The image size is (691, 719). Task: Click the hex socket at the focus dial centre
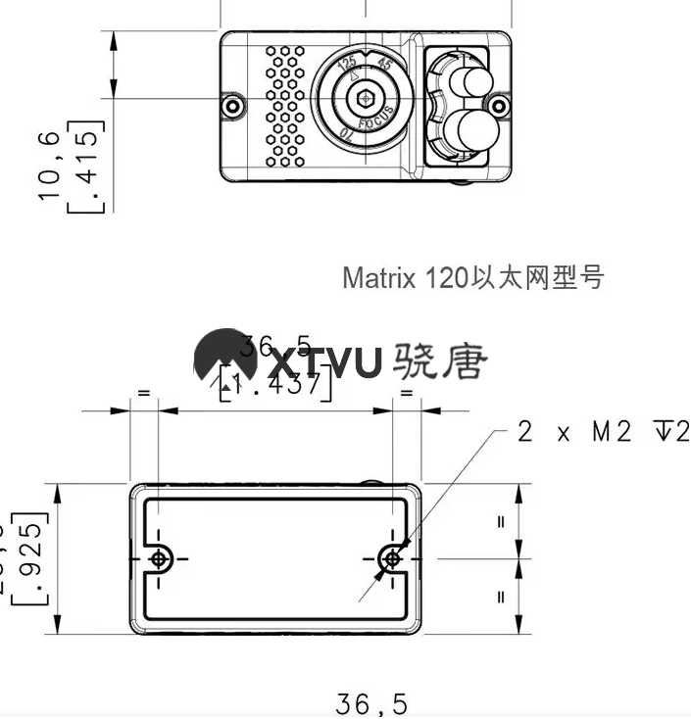pos(365,98)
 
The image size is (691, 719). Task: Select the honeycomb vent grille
pos(286,105)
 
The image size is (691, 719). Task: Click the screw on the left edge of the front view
pos(232,106)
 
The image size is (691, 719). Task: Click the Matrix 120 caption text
pos(472,277)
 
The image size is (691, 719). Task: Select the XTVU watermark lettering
pos(325,363)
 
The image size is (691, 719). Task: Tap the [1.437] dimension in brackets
pos(276,385)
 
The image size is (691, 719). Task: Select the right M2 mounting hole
pos(392,557)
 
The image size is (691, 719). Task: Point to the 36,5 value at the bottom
pos(370,703)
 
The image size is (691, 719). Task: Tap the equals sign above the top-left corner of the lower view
pos(143,394)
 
